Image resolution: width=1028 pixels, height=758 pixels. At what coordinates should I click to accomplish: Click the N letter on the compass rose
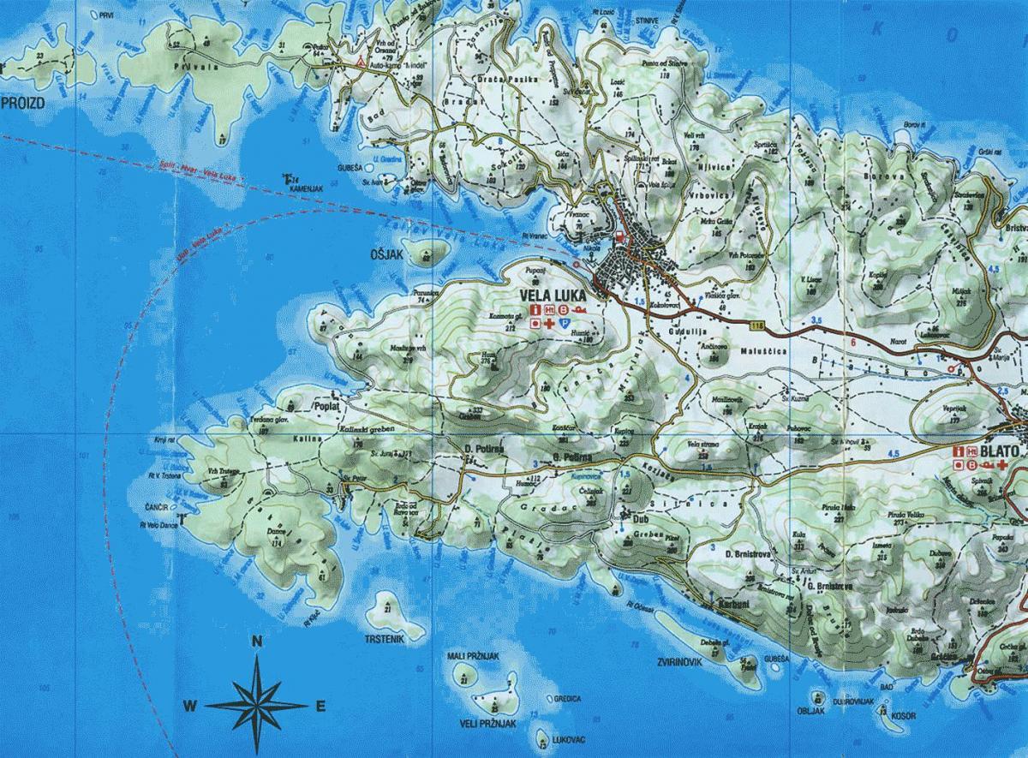click(256, 642)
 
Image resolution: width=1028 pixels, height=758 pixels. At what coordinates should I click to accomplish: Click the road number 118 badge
click(756, 325)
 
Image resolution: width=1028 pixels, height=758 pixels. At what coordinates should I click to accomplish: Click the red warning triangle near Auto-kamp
click(362, 63)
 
